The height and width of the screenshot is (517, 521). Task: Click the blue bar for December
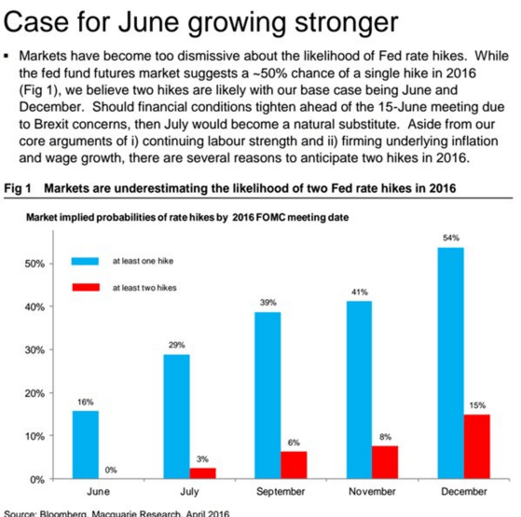[451, 363]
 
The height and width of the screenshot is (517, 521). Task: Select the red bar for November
[385, 461]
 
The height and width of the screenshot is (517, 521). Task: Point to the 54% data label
[451, 238]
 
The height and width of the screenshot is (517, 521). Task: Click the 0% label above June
[111, 469]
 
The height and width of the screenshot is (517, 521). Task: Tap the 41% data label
[360, 293]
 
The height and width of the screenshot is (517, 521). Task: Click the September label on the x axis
[281, 490]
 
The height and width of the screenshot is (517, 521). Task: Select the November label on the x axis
[372, 490]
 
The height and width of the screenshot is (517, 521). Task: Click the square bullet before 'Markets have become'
[7, 56]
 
